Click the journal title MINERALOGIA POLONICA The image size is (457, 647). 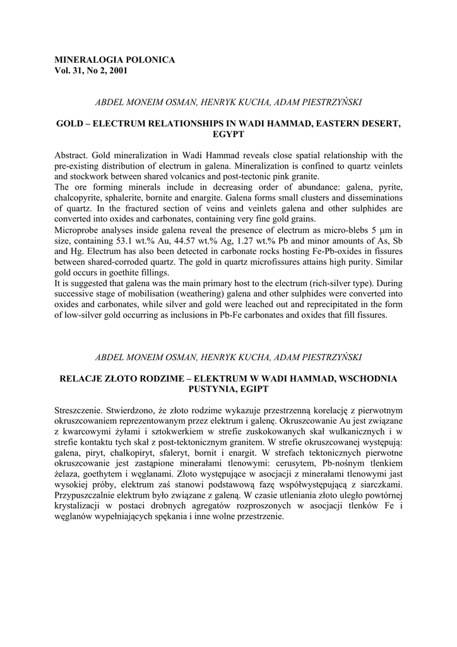[115, 60]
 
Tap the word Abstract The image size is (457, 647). [71, 155]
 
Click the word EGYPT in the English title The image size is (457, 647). [228, 134]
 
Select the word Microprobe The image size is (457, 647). [78, 230]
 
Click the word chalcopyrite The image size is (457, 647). [80, 198]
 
